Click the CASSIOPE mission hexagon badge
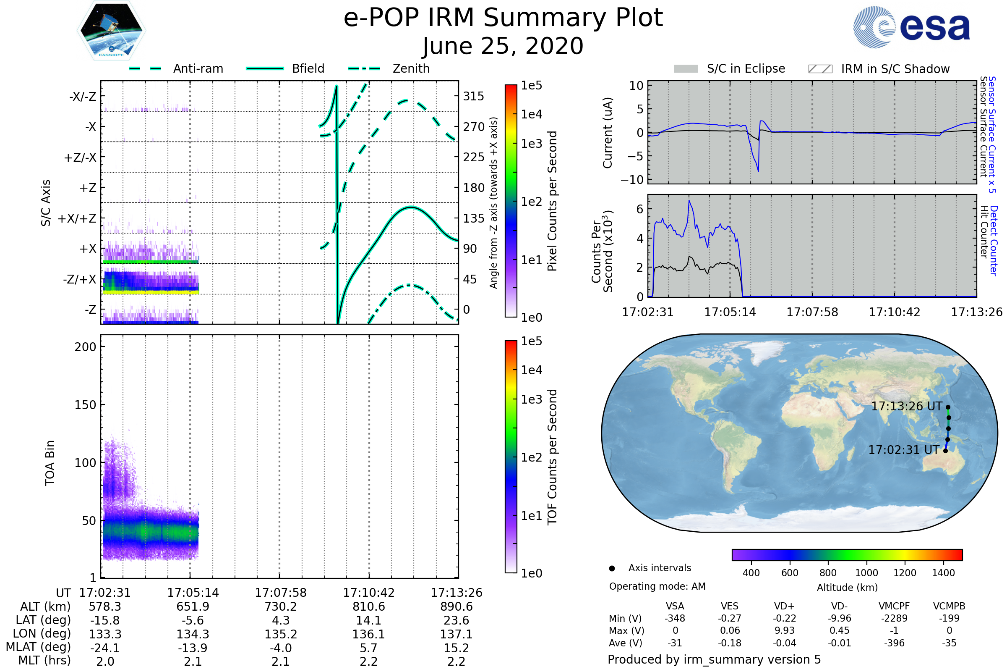pyautogui.click(x=111, y=30)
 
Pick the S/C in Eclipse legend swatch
pyautogui.click(x=686, y=69)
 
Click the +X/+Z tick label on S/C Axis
pyautogui.click(x=77, y=218)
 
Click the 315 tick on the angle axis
pyautogui.click(x=473, y=96)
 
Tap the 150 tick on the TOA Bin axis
pyautogui.click(x=85, y=405)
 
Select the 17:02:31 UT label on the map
pyautogui.click(x=903, y=450)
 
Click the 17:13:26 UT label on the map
pyautogui.click(x=906, y=406)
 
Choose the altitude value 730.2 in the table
pyautogui.click(x=280, y=606)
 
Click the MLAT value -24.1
pyautogui.click(x=105, y=648)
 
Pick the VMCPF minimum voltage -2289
pyautogui.click(x=894, y=618)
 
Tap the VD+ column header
pyautogui.click(x=784, y=606)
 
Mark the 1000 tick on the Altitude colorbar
pyautogui.click(x=866, y=573)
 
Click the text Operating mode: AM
pyautogui.click(x=657, y=586)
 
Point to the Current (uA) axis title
pyautogui.click(x=608, y=133)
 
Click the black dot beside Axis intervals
pyautogui.click(x=612, y=568)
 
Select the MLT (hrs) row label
pyautogui.click(x=44, y=660)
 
